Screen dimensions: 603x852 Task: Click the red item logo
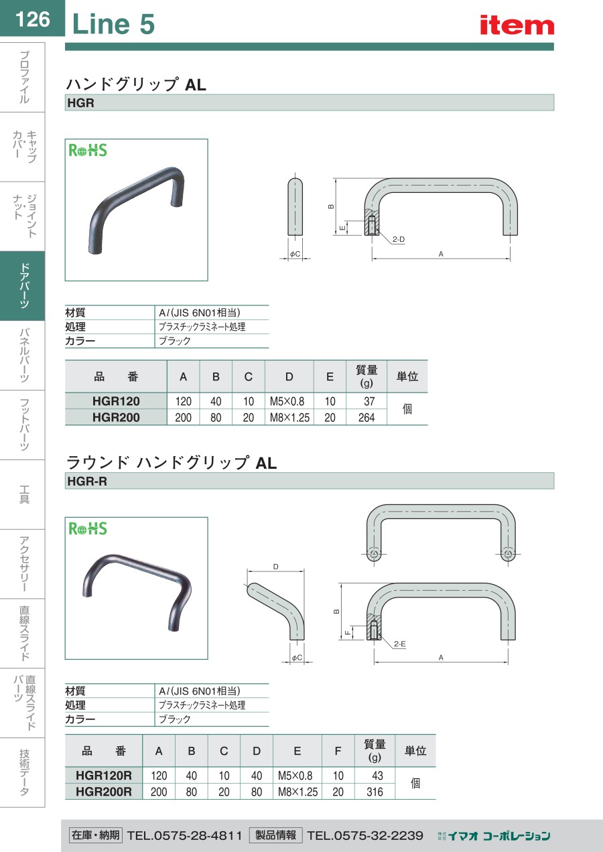pos(517,25)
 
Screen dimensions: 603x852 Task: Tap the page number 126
pos(33,19)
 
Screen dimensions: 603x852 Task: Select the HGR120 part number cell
pos(116,401)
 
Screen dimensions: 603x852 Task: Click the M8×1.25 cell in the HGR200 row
pos(289,418)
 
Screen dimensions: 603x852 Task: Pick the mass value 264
pos(366,418)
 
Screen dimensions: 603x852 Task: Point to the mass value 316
pos(375,792)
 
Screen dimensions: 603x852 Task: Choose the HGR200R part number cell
pos(103,792)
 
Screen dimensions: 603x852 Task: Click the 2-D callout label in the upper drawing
pos(399,239)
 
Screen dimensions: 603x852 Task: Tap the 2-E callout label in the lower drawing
pos(400,644)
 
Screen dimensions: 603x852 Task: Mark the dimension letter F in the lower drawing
pos(347,632)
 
